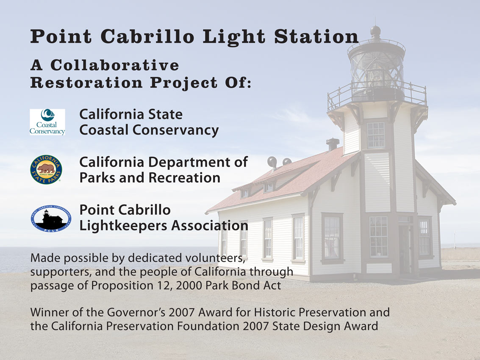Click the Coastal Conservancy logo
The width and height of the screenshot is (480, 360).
click(47, 122)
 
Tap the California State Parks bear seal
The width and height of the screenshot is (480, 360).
click(46, 169)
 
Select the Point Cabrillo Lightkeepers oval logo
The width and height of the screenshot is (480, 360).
click(51, 219)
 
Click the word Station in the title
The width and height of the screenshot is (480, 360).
click(316, 36)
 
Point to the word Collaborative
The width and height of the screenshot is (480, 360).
click(115, 65)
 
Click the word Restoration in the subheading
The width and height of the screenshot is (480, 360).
click(86, 82)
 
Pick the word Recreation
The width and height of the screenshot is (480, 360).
click(185, 177)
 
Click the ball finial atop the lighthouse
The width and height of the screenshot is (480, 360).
click(376, 30)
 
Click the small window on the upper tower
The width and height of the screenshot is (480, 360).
click(376, 135)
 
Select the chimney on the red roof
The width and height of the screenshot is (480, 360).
click(333, 144)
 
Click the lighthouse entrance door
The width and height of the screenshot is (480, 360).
click(405, 249)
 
